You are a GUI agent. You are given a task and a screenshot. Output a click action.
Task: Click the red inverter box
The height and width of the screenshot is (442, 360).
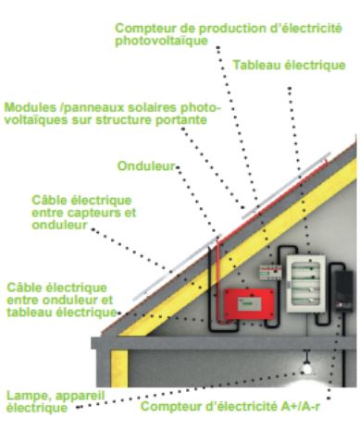[x=248, y=302]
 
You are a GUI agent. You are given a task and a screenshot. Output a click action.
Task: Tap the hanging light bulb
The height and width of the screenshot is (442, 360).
[x=306, y=367]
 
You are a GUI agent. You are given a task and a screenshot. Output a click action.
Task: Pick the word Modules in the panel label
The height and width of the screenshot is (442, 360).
[x=29, y=106]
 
